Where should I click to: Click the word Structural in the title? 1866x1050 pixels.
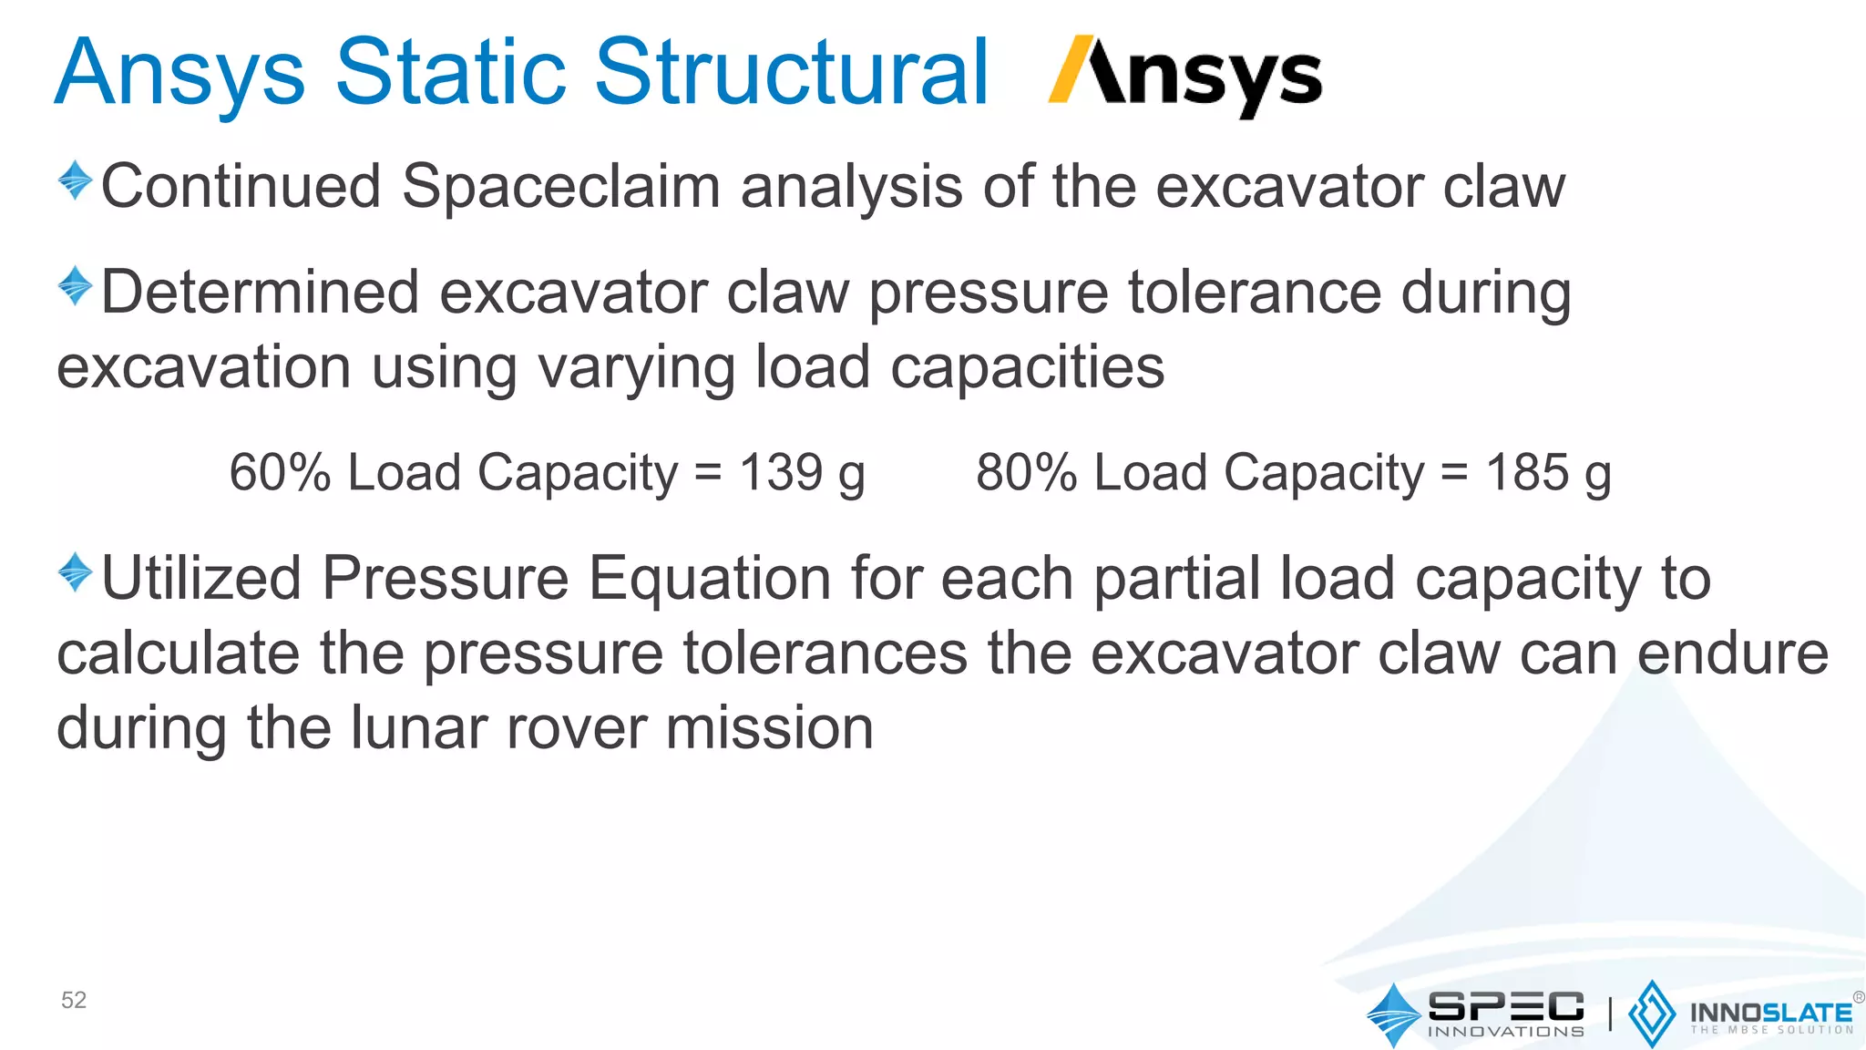pyautogui.click(x=791, y=73)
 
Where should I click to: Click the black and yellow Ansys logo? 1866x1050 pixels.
pyautogui.click(x=1184, y=75)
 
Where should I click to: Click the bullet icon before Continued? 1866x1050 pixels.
pyautogui.click(x=75, y=180)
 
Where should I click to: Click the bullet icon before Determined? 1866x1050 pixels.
pyautogui.click(x=75, y=285)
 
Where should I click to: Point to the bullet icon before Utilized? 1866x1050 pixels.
pyautogui.click(x=75, y=572)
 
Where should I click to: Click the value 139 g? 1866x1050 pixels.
pyautogui.click(x=801, y=473)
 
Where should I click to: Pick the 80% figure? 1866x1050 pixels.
pyautogui.click(x=1026, y=473)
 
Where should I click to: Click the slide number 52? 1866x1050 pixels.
pyautogui.click(x=74, y=1000)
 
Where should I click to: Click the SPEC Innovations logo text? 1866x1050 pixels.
pyautogui.click(x=1505, y=1013)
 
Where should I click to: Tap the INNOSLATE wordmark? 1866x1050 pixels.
pyautogui.click(x=1770, y=1013)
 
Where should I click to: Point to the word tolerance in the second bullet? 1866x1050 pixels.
pyautogui.click(x=1254, y=293)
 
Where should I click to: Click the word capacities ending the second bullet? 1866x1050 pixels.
pyautogui.click(x=1026, y=368)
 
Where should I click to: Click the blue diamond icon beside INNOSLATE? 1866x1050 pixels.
pyautogui.click(x=1651, y=1013)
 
